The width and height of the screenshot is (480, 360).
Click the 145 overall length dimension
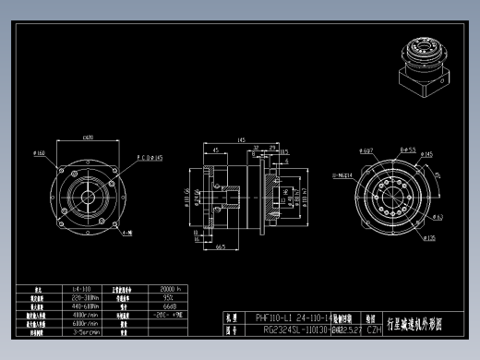pyautogui.click(x=242, y=140)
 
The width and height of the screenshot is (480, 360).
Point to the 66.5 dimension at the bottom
pyautogui.click(x=221, y=247)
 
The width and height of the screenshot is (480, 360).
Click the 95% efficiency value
pyautogui.click(x=167, y=298)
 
